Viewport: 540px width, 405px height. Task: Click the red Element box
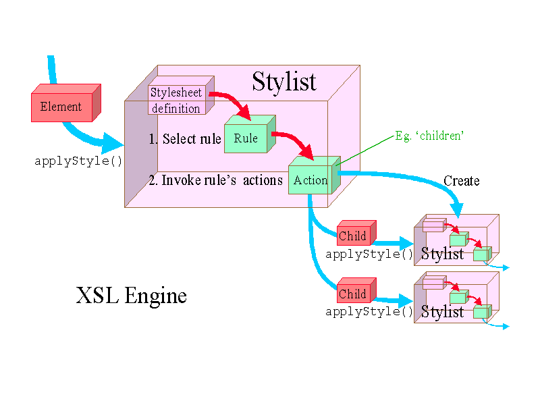click(61, 107)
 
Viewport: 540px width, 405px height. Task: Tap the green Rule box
click(246, 138)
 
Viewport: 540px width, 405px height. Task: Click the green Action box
click(310, 180)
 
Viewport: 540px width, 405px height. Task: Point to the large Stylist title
click(283, 82)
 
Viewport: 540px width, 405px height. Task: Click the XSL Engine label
click(131, 296)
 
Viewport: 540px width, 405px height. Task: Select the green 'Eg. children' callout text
click(429, 136)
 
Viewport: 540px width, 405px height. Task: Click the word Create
click(462, 181)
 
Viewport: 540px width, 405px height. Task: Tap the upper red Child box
click(353, 236)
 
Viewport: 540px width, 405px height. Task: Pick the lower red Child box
click(353, 294)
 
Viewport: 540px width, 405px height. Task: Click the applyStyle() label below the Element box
click(78, 161)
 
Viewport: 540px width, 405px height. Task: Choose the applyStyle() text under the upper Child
click(369, 254)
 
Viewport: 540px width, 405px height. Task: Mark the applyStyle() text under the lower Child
click(369, 312)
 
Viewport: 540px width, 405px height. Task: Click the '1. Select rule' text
click(184, 139)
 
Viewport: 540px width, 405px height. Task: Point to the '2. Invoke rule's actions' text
click(215, 180)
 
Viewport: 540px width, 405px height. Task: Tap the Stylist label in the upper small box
click(443, 254)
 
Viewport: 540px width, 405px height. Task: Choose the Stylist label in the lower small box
click(443, 312)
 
